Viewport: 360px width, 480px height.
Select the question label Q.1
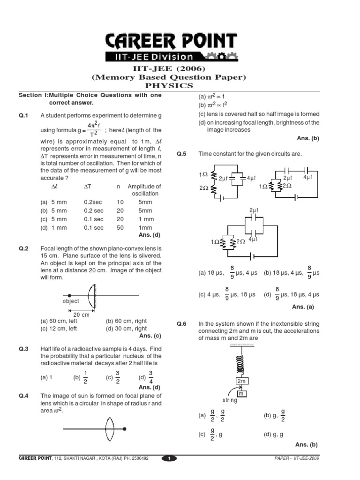coord(24,115)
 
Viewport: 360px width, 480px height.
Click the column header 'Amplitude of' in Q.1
coord(144,186)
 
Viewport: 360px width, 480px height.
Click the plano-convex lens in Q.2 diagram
coord(93,295)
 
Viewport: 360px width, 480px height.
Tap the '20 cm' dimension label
coord(81,315)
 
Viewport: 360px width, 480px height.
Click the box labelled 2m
coord(241,382)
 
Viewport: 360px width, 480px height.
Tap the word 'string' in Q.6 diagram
coord(230,401)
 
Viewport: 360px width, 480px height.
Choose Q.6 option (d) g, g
coord(273,434)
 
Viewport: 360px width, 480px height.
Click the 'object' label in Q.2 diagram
coord(71,301)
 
